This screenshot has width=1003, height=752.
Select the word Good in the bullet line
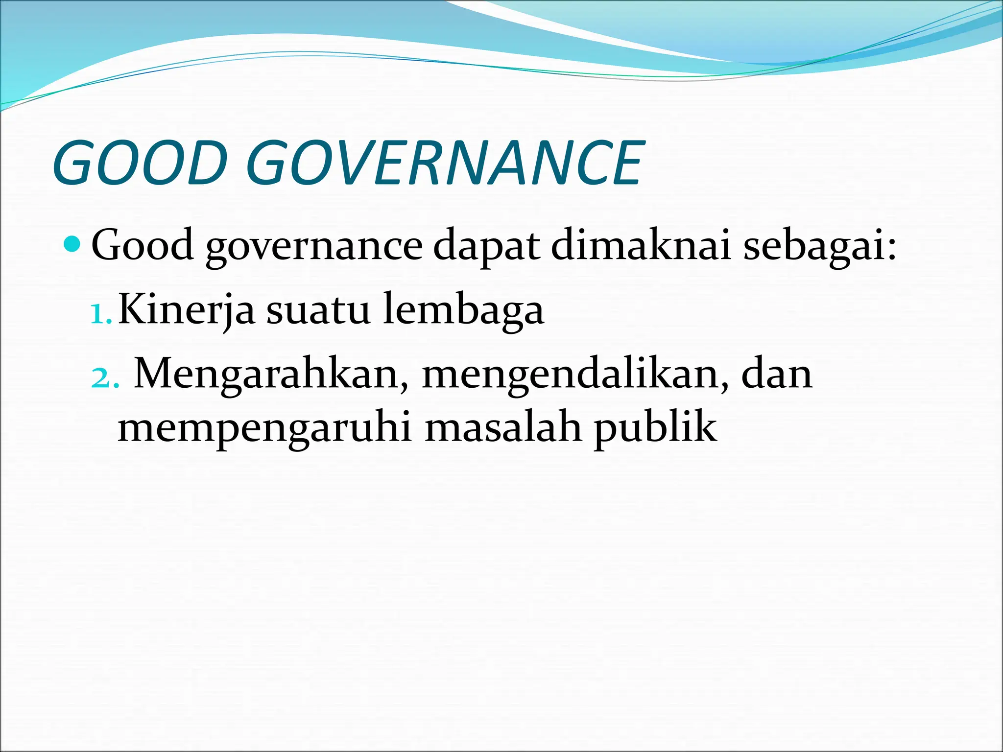click(143, 245)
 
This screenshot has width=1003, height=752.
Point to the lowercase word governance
click(313, 247)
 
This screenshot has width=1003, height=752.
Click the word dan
click(777, 374)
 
